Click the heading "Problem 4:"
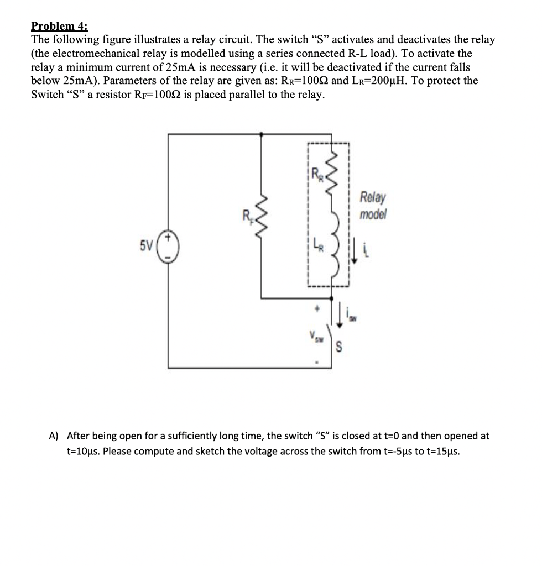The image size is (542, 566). [59, 26]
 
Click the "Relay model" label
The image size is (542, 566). [373, 205]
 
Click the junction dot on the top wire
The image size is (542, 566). [262, 134]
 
